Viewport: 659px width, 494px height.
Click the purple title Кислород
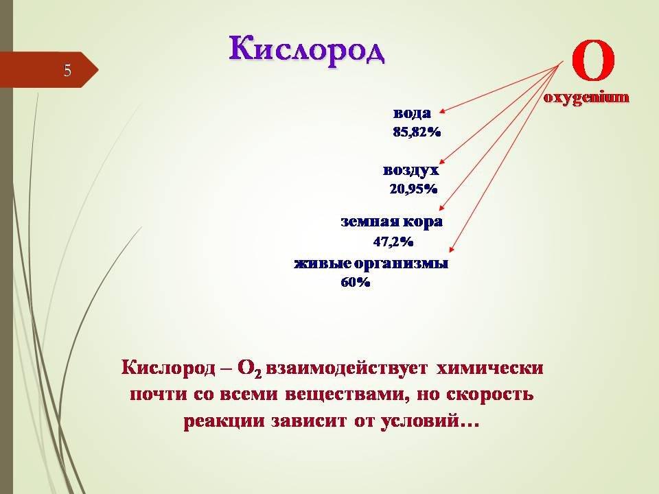306,50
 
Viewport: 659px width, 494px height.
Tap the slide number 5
67,71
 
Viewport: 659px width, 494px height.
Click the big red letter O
593,60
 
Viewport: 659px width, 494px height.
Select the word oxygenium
586,97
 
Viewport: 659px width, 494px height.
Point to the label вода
413,113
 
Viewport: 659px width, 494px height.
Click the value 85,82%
417,132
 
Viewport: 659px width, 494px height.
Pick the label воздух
411,170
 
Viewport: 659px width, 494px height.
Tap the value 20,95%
413,189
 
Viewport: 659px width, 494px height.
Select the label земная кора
392,222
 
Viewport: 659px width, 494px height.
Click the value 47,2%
393,242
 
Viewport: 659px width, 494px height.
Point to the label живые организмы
371,263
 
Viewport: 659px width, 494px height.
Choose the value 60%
356,282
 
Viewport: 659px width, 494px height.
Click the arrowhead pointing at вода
441,112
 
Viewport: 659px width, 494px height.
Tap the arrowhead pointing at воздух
441,161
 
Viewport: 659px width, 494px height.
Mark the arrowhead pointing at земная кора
442,207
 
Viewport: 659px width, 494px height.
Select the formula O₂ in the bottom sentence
250,369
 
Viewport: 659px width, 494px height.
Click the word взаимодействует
347,368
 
